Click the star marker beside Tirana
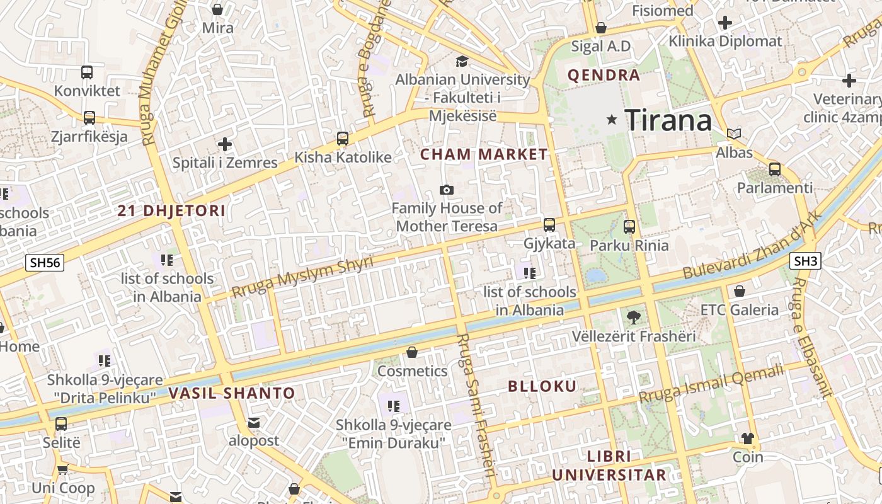point(611,119)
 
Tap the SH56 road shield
point(45,262)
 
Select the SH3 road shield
point(805,260)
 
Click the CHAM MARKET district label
point(484,154)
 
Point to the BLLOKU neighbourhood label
point(542,386)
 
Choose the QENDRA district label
point(604,76)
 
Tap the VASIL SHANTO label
point(232,393)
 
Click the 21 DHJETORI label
point(171,211)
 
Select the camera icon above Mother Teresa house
point(447,190)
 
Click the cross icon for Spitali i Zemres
point(224,144)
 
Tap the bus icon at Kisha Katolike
point(343,139)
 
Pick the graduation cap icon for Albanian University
point(462,61)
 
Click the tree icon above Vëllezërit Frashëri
point(633,318)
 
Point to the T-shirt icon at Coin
point(748,438)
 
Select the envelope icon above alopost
point(253,422)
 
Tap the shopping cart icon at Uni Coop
point(62,469)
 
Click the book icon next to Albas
point(734,134)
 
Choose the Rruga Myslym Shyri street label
point(302,277)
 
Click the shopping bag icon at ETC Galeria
point(740,291)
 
